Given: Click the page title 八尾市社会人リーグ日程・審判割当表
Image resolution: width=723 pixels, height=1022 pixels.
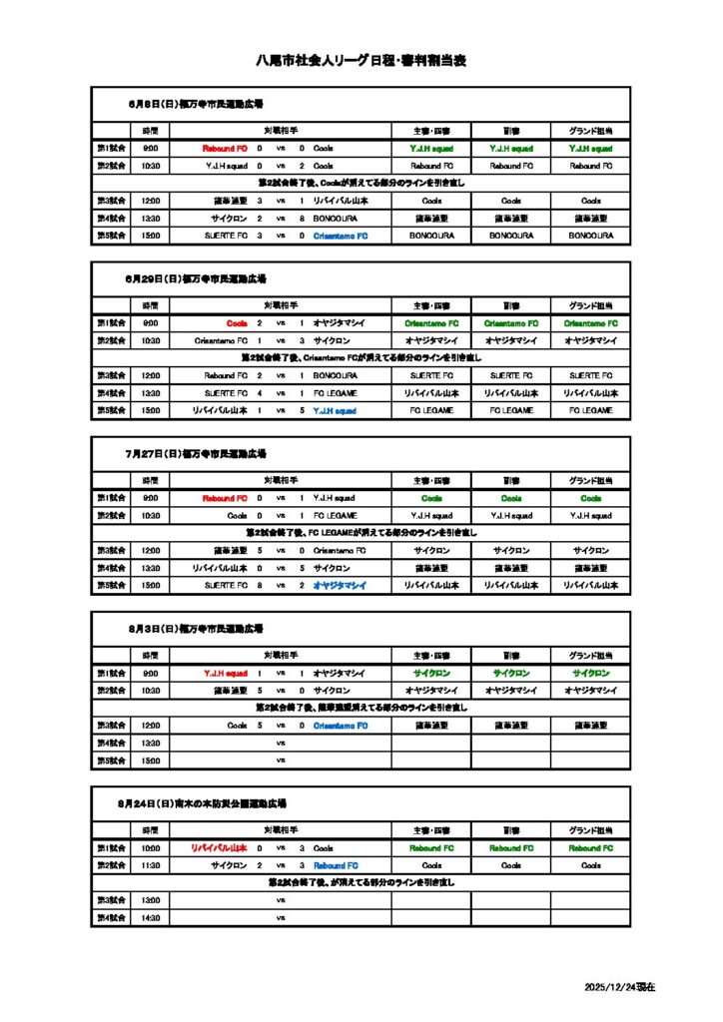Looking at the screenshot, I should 361,61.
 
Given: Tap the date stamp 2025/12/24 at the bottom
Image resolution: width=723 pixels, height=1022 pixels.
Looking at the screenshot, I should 620,987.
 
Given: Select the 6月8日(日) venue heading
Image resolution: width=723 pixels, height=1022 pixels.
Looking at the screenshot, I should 195,104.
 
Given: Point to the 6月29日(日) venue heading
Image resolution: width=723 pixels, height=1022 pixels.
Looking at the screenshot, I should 196,278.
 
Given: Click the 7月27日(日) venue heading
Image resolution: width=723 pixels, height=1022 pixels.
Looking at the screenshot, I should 196,453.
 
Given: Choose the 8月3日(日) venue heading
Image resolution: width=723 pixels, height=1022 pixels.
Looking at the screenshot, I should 196,629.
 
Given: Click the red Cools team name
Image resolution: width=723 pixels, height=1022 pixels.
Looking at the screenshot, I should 237,323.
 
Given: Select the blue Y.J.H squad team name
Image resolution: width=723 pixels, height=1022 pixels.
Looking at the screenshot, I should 335,410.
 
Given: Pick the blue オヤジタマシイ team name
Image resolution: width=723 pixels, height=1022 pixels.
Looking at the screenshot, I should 340,585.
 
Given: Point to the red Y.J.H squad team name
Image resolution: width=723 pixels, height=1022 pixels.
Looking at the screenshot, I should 225,674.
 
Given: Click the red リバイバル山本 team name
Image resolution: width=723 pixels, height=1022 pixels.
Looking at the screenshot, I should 220,848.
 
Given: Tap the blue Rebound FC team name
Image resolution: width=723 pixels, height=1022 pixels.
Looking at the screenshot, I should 336,865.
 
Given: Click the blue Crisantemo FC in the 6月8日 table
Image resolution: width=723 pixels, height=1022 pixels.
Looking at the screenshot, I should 341,236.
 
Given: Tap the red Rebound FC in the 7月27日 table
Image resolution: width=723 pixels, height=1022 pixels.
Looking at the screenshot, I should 225,498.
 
